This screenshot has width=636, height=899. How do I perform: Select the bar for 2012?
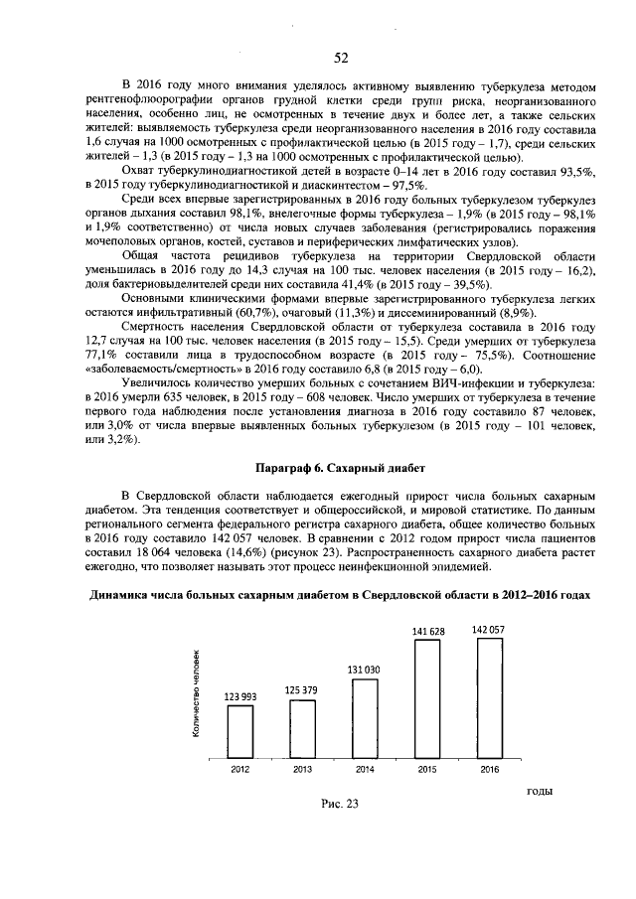pos(240,730)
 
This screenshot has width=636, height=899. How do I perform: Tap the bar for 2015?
pos(427,696)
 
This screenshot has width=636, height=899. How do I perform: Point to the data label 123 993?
pos(240,697)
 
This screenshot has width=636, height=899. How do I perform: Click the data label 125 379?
pos(303,690)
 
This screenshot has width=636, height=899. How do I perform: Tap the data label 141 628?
pos(427,631)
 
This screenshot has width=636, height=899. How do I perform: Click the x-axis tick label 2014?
pos(365,769)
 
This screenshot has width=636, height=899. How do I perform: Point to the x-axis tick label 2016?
pos(489,769)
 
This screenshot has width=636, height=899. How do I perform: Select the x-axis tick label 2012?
pos(240,769)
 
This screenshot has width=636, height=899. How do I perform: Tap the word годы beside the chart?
pos(537,791)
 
